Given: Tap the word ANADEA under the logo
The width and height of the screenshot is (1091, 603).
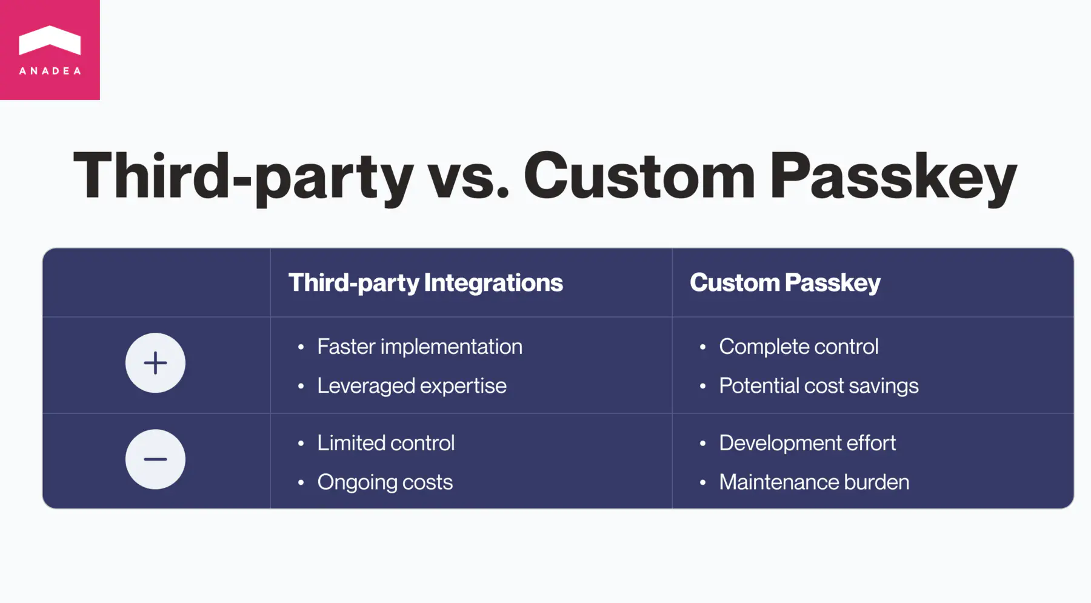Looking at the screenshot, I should (x=50, y=71).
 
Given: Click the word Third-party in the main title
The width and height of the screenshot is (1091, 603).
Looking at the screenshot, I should (x=242, y=177).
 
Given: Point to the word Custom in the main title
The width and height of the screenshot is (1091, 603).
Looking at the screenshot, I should (x=639, y=177).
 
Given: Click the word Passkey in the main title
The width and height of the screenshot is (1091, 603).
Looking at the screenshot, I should (x=893, y=177).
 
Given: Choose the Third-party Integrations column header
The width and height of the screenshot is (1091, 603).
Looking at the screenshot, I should (x=425, y=283).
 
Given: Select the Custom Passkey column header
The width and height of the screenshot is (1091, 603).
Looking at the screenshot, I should (x=785, y=283).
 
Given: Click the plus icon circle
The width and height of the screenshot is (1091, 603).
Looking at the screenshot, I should (x=155, y=363).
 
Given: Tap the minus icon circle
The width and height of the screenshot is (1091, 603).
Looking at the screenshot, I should (x=155, y=459).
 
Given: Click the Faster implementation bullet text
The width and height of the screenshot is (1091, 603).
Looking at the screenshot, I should (x=419, y=347).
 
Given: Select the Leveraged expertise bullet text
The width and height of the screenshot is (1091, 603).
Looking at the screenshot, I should (x=412, y=386).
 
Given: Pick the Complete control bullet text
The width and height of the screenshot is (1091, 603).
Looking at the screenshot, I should (x=798, y=347).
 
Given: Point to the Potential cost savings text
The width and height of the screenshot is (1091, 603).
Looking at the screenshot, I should (x=818, y=386).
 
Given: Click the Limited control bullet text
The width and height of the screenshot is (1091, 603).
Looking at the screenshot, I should (x=385, y=443).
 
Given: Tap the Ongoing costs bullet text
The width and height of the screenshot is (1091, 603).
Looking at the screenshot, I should (x=385, y=482).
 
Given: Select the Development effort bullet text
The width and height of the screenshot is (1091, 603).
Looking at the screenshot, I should (x=807, y=443).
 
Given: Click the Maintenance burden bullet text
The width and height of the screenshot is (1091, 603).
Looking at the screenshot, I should (x=813, y=482).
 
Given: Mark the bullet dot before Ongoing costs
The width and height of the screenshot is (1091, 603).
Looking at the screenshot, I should (x=301, y=483).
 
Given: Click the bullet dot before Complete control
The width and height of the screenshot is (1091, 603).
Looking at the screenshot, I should (x=702, y=347).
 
